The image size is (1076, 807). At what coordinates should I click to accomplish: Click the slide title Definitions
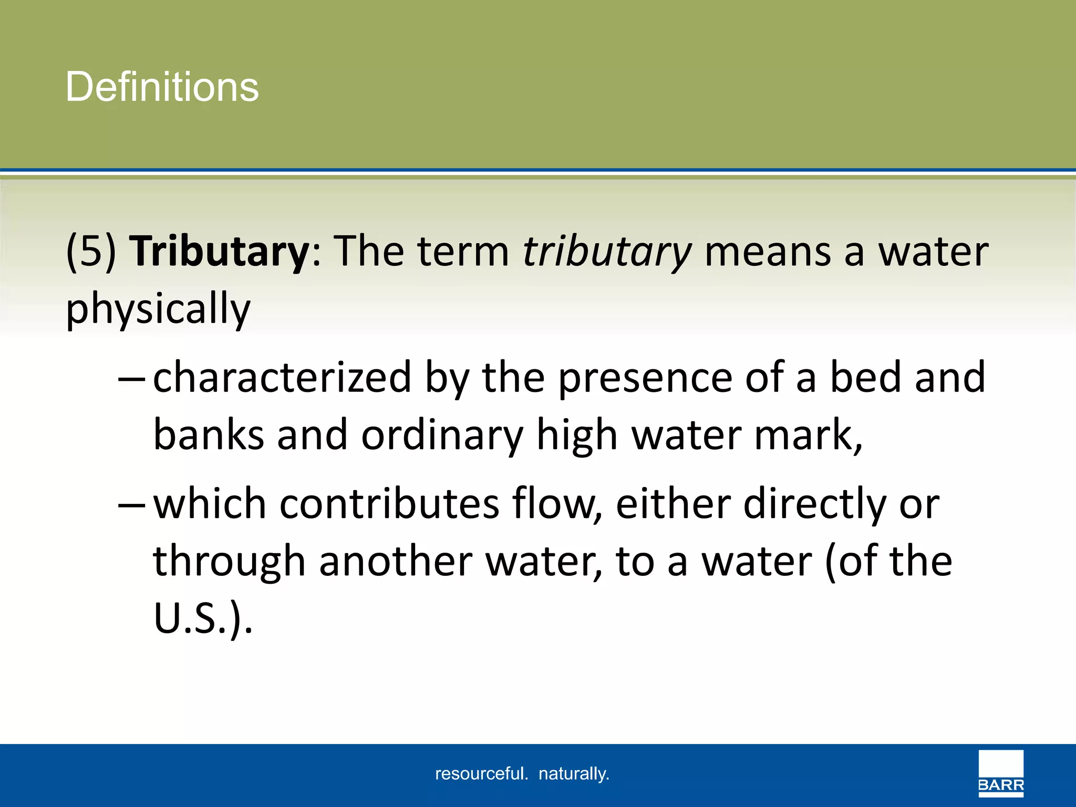coord(162,87)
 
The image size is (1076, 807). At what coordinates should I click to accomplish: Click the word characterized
coord(282,378)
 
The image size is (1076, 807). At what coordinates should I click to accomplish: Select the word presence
coord(645,378)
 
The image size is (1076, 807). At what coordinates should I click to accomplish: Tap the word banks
coord(208,436)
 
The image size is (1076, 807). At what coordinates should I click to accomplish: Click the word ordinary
coord(442,436)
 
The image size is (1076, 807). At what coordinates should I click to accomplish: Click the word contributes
coord(389,504)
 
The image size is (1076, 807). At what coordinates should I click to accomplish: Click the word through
coord(229,562)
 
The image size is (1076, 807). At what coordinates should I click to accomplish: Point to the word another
coord(396,562)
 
